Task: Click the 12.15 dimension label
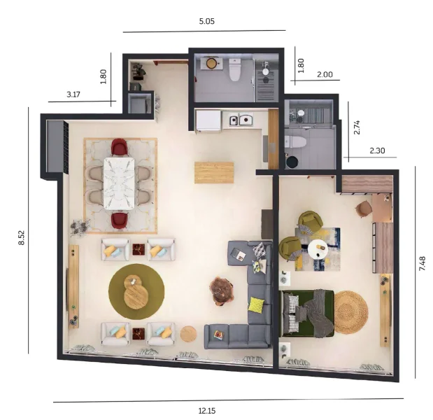(207, 410)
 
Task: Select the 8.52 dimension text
(21, 237)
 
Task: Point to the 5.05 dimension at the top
(206, 21)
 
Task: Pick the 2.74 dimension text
(357, 127)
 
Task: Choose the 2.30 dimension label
(377, 149)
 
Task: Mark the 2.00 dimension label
(325, 74)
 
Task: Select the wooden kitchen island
(213, 172)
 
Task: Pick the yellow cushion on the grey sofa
(257, 304)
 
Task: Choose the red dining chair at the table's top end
(120, 148)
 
